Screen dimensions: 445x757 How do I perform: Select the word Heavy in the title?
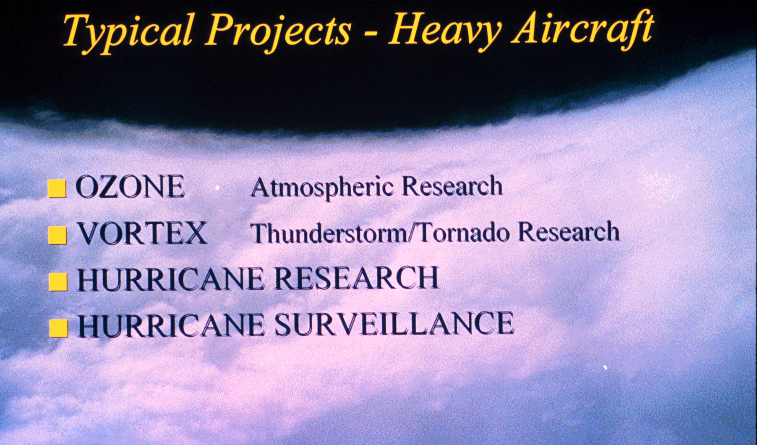click(x=445, y=30)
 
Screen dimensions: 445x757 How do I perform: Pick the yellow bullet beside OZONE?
click(x=57, y=188)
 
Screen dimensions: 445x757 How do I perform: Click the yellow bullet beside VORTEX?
click(x=57, y=235)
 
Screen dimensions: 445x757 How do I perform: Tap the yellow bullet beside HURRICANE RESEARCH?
click(x=58, y=282)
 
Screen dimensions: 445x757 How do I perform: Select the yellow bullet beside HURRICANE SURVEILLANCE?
click(x=58, y=328)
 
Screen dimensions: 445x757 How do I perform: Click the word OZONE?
click(x=130, y=187)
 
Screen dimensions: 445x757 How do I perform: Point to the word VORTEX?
click(x=142, y=233)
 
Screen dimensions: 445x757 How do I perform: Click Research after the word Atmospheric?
click(x=452, y=186)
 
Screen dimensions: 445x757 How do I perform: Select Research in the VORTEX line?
click(x=569, y=231)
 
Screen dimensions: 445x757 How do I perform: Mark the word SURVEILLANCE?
click(x=394, y=324)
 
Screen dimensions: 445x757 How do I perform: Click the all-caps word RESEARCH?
click(x=356, y=278)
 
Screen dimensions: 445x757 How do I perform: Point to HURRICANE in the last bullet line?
click(x=171, y=325)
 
